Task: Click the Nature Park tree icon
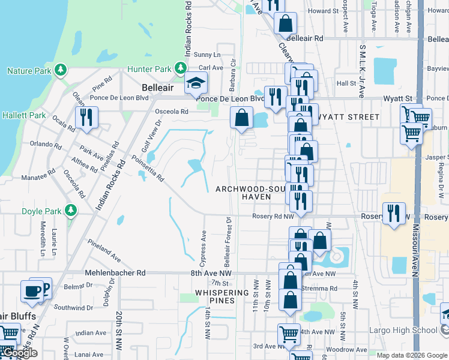coord(60,71)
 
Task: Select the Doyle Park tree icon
coord(71,211)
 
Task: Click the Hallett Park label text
coord(24,115)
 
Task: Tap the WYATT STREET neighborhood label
coord(353,117)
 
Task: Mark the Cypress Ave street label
coord(202,247)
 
